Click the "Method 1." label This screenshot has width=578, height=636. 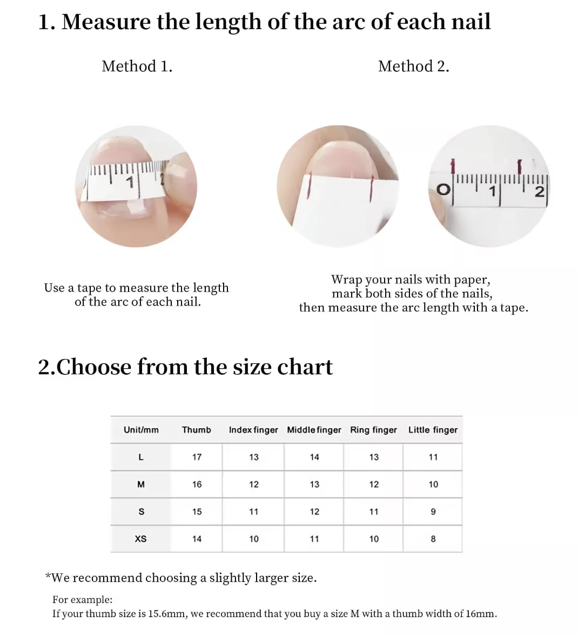click(137, 66)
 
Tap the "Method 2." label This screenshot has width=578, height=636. click(414, 66)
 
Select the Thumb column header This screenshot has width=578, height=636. click(197, 430)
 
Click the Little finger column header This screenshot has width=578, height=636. click(433, 430)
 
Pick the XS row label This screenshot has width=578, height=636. click(141, 539)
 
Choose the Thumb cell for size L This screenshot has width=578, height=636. click(197, 457)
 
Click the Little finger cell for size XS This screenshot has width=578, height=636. click(433, 539)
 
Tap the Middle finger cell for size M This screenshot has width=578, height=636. click(314, 484)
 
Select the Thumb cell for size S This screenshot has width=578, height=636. click(197, 511)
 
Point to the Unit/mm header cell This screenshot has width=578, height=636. click(141, 430)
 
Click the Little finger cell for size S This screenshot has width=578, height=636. click(433, 511)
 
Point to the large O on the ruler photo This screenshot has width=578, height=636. click(443, 190)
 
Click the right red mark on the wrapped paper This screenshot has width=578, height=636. click(372, 188)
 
